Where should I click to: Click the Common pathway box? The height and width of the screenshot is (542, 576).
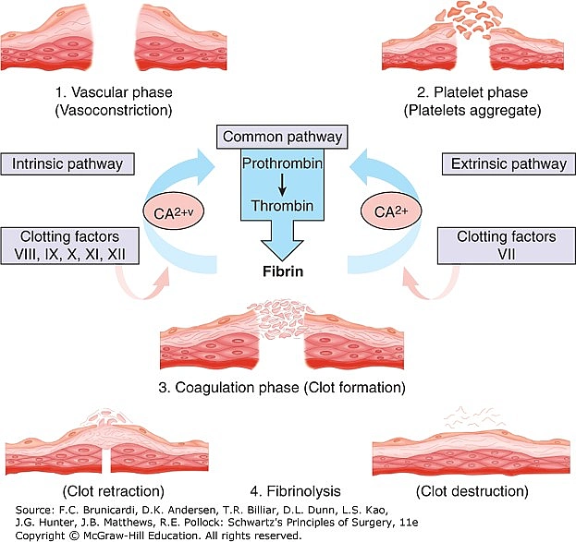click(282, 137)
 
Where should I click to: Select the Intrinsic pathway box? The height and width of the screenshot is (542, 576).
click(67, 164)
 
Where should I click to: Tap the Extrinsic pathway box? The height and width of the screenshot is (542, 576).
click(509, 164)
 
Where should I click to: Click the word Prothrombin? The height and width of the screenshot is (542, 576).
click(282, 163)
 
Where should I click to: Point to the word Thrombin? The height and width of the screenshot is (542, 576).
click(282, 206)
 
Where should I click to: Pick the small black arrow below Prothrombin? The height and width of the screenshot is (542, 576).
click(282, 186)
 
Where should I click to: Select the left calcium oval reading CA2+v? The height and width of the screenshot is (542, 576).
click(174, 211)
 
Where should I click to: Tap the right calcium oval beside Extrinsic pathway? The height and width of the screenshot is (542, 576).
click(391, 211)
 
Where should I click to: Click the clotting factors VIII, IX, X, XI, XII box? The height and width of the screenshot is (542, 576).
click(69, 246)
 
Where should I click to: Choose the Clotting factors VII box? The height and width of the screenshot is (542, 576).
click(507, 246)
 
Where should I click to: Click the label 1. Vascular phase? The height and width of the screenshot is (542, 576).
click(114, 92)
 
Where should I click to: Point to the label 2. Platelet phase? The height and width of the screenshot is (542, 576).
click(472, 92)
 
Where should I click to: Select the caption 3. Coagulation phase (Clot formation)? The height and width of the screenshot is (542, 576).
click(282, 388)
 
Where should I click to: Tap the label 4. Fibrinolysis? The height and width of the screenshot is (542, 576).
click(295, 491)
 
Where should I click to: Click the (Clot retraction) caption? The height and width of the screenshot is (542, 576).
click(114, 491)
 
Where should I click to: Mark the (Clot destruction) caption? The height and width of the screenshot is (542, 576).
click(472, 491)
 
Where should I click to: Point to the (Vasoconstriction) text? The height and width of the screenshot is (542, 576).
click(114, 111)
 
